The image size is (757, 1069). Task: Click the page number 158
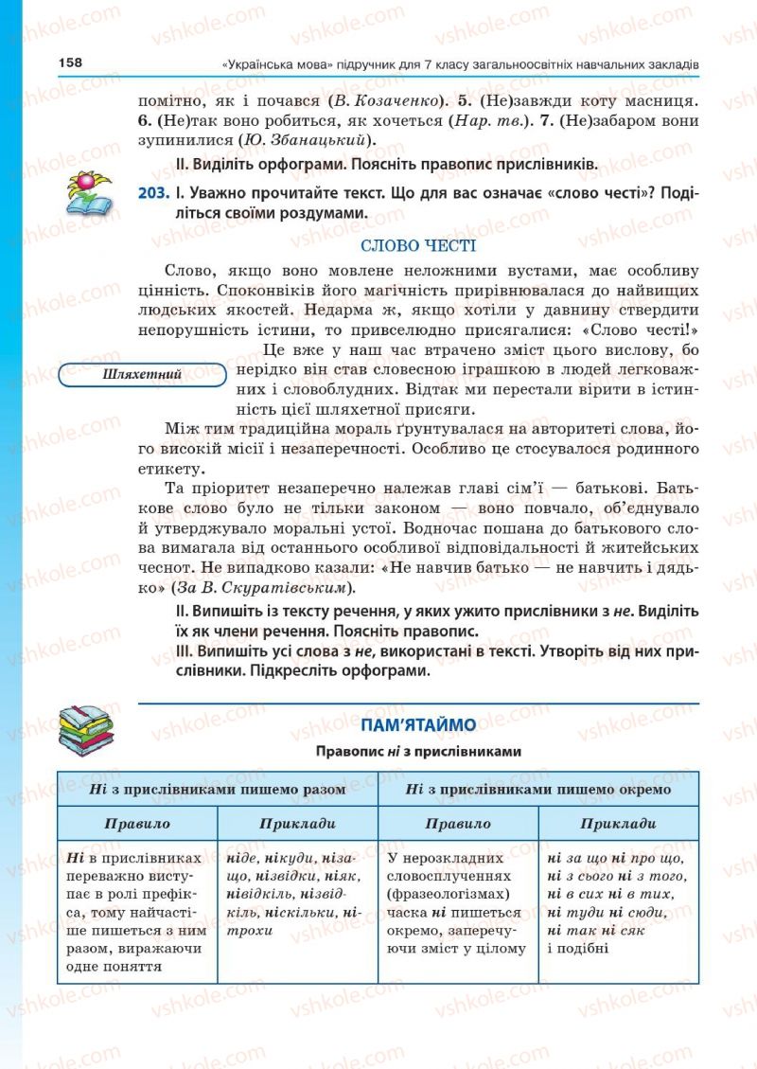[70, 62]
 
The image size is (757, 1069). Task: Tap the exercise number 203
[153, 193]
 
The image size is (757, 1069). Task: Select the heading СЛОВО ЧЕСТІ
[418, 244]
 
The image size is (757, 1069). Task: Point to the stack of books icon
[86, 731]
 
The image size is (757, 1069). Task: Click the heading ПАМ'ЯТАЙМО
[417, 725]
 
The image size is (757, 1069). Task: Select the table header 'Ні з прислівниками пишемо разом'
[217, 788]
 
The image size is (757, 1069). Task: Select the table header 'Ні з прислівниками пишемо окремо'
[537, 788]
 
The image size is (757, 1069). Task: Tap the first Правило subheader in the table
[137, 823]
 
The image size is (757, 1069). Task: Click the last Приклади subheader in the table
[618, 823]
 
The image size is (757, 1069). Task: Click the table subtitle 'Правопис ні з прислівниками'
[417, 751]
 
